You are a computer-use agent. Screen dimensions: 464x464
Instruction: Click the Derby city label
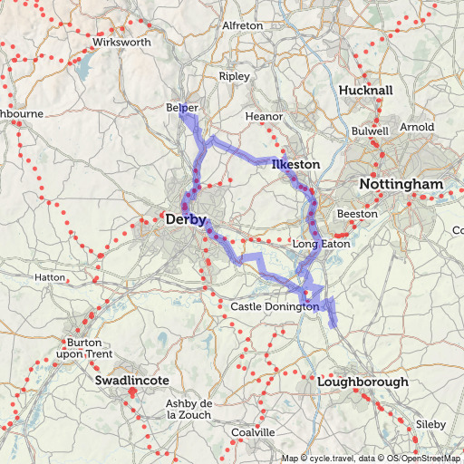coord(187,219)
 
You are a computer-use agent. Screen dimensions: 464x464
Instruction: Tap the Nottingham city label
coord(401,184)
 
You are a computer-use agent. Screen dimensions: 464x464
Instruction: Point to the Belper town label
coord(181,108)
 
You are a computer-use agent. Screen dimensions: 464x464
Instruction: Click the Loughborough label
coord(362,382)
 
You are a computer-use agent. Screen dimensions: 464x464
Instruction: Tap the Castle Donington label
coord(275,307)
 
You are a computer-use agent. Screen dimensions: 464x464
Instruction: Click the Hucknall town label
coord(365,92)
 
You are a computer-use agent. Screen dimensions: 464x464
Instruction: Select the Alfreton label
coord(242,26)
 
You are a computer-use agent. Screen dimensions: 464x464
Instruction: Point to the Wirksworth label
coord(121,43)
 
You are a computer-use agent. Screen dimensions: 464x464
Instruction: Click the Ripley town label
coord(233,77)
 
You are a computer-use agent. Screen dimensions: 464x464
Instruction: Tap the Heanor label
coord(265,117)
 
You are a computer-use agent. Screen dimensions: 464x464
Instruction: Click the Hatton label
coord(49,276)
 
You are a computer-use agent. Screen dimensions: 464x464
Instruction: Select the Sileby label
coord(430,424)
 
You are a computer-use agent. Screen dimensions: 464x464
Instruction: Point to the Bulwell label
coord(370,131)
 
